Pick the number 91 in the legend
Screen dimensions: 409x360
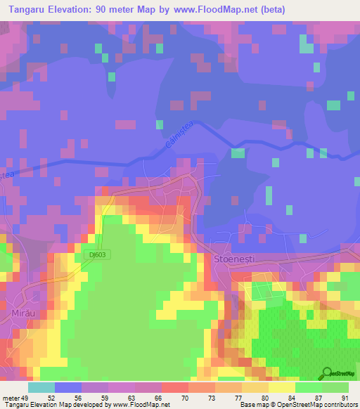pyautogui.click(x=344, y=398)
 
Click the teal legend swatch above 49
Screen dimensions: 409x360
pyautogui.click(x=41, y=387)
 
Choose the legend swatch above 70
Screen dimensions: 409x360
pyautogui.click(x=175, y=387)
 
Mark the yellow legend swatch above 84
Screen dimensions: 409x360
pyautogui.click(x=282, y=387)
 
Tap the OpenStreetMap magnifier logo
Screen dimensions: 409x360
pyautogui.click(x=326, y=373)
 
